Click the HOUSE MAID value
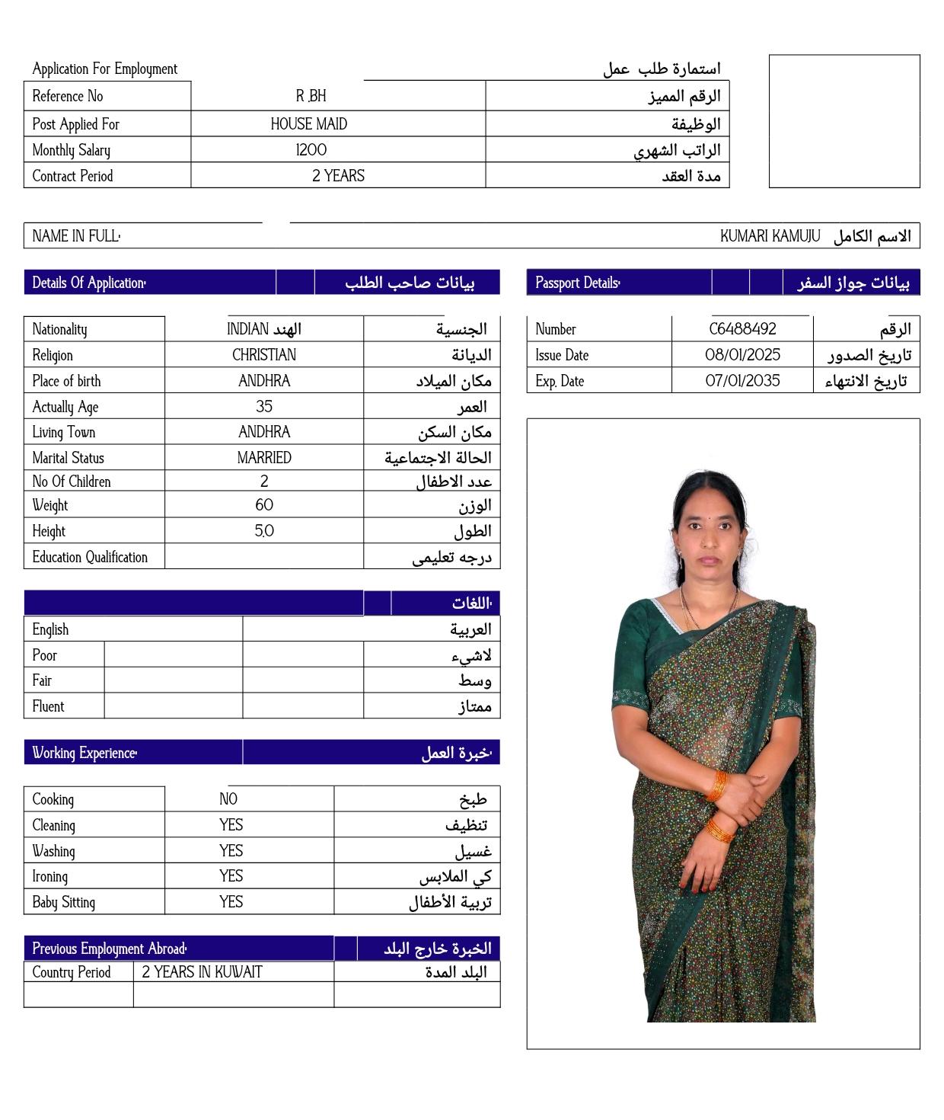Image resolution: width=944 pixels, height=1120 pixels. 308,124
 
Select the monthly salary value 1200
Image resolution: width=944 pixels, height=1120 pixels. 311,150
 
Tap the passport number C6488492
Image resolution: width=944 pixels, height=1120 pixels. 742,329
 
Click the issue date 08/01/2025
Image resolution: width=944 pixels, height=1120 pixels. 742,355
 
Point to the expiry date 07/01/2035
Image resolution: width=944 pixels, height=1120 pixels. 742,381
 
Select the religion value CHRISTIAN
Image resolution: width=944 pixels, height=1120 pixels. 264,355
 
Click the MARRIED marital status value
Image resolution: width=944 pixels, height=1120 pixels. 264,458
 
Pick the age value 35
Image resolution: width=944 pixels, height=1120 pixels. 264,407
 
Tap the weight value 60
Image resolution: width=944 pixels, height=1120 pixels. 264,505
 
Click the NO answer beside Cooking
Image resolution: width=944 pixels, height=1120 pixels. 228,799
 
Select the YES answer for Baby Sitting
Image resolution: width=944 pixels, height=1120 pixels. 231,902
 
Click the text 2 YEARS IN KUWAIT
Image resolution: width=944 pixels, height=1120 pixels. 202,972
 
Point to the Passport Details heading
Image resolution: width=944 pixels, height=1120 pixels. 577,283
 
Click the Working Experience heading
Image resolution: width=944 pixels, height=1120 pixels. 84,753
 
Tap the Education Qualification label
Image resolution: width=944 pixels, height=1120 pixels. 90,557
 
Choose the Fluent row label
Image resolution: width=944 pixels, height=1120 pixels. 48,706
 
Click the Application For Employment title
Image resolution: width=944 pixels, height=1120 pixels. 104,69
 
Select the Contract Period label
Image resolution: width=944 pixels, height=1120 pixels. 72,176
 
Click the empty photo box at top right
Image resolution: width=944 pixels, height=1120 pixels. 844,121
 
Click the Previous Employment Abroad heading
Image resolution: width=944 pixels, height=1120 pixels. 109,949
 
